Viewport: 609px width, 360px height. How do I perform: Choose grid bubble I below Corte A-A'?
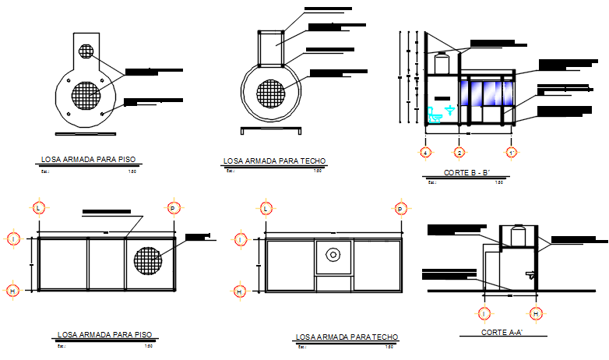click(484, 313)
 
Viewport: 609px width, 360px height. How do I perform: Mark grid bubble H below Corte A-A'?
click(536, 313)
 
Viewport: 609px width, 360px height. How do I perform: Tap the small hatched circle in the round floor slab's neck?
click(86, 52)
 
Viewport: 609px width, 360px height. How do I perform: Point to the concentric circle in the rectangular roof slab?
click(333, 254)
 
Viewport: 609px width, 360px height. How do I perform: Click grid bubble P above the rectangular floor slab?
click(173, 208)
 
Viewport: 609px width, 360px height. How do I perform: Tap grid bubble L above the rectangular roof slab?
click(266, 208)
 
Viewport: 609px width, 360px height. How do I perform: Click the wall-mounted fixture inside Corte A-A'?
click(530, 274)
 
